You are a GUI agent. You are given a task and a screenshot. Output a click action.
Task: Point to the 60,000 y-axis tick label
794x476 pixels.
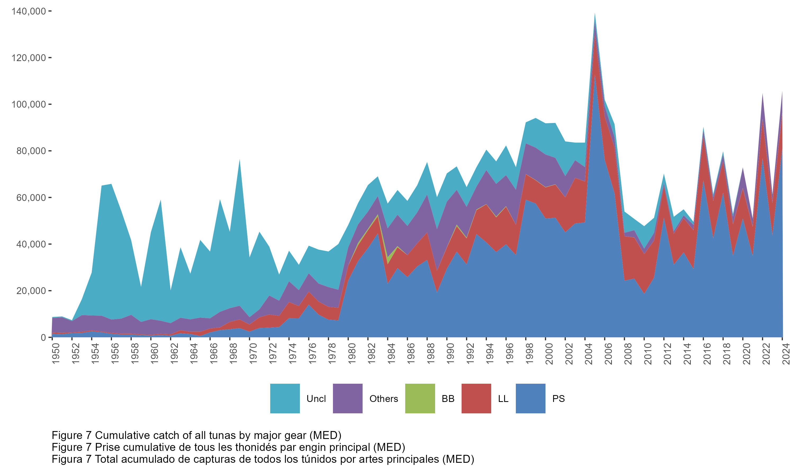31,198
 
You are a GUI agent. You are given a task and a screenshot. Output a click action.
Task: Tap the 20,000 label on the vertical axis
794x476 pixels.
31,291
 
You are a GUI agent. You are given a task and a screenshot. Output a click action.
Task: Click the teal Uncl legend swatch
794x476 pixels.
285,398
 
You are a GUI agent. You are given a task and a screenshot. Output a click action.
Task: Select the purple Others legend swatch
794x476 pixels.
348,398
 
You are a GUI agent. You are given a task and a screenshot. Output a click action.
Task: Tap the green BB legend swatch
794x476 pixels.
420,398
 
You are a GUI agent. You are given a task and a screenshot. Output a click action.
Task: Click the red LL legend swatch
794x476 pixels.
476,398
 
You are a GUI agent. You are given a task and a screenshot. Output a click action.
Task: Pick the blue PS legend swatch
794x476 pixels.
530,398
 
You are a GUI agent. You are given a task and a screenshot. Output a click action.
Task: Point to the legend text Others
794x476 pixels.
384,399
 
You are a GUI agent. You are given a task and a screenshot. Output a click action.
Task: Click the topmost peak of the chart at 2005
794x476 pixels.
595,14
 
